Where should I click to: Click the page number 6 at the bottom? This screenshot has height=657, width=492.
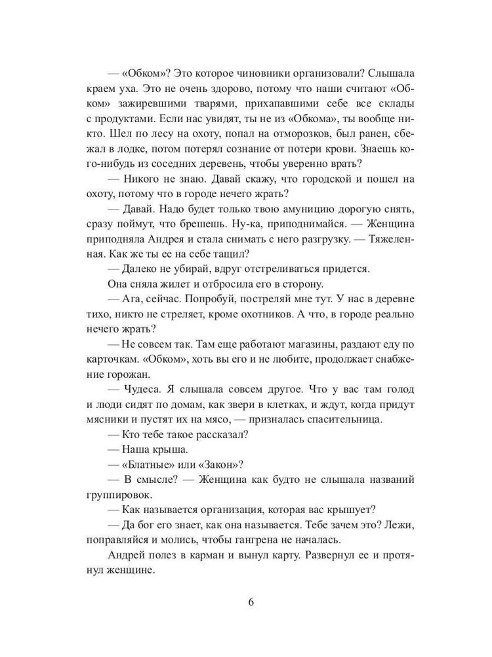[x=251, y=603]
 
